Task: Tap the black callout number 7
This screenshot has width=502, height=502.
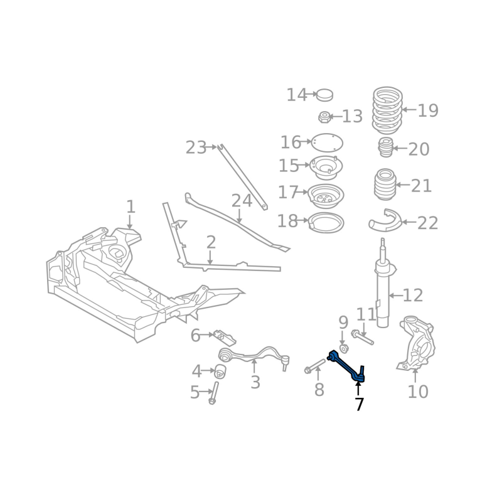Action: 359,404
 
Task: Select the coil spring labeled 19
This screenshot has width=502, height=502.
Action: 387,110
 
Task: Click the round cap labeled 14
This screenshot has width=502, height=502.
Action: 324,95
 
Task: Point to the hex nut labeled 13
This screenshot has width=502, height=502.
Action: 324,117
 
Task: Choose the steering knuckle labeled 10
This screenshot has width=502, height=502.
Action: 416,344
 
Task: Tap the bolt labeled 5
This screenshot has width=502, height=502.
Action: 213,393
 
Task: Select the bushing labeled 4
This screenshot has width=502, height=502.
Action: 220,371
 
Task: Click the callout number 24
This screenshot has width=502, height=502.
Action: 242,201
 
